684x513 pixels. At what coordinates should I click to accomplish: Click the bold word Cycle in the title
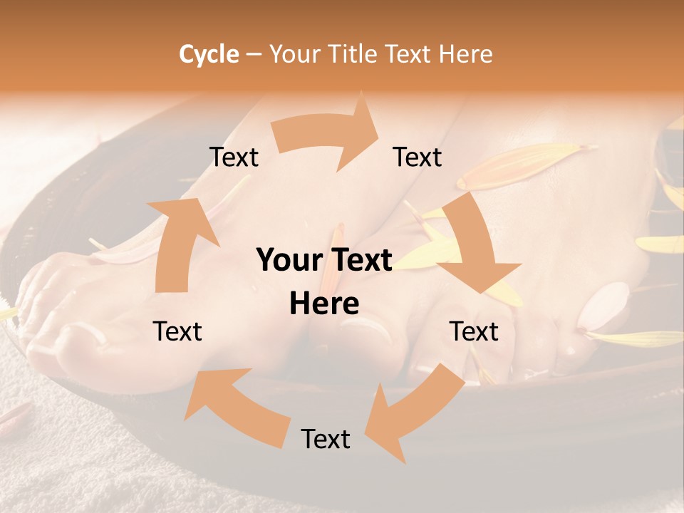coord(208,54)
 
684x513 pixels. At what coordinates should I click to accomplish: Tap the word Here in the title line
coord(465,54)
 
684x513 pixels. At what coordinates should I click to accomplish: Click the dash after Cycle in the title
coord(254,54)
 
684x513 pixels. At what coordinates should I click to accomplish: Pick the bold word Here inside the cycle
coord(324,304)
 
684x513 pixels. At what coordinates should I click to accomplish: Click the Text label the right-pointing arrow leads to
coord(418,157)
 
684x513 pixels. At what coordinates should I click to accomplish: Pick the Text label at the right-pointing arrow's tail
coord(234,157)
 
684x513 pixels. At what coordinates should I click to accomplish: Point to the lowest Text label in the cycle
coord(326,439)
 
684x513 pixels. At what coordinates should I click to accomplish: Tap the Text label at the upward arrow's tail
coord(178,331)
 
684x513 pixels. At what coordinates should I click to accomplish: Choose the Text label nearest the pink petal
coord(474,331)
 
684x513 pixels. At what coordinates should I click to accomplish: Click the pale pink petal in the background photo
coord(603,306)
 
